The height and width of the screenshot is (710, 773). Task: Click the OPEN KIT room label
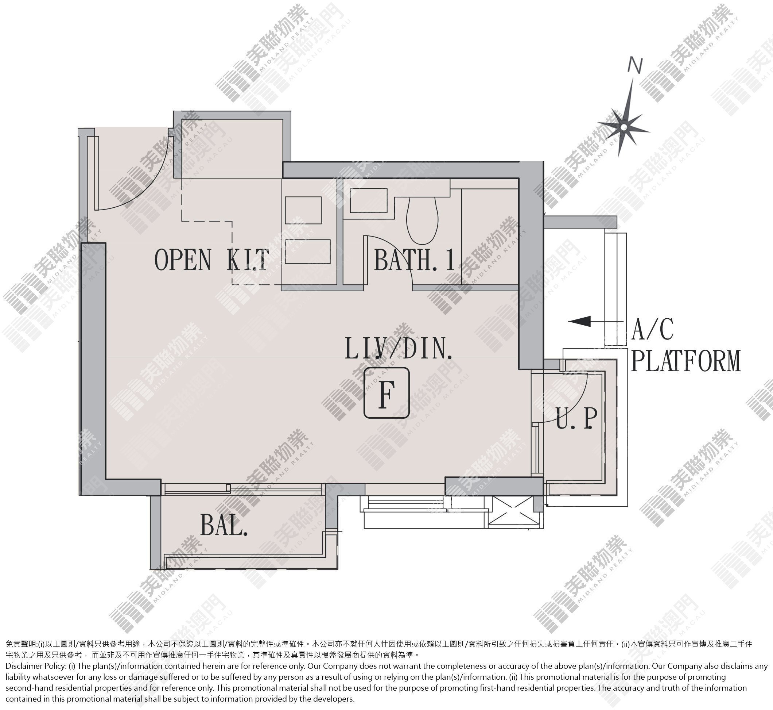tap(212, 260)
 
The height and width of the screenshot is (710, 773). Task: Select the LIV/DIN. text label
tap(399, 348)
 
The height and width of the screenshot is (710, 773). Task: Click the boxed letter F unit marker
tap(386, 393)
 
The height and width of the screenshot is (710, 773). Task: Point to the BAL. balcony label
tap(224, 525)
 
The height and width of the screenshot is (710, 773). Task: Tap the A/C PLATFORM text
tap(685, 345)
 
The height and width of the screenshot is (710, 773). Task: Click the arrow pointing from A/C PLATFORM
tap(595, 321)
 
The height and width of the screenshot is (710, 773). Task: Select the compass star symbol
tap(624, 127)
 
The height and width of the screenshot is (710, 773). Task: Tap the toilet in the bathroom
tap(422, 220)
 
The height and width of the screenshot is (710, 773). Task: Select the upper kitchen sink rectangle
tap(303, 210)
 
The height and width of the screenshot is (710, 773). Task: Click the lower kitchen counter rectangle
tap(308, 251)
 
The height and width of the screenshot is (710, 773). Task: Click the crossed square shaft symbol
tap(512, 510)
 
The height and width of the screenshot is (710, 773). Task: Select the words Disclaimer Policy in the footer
tap(34, 666)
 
